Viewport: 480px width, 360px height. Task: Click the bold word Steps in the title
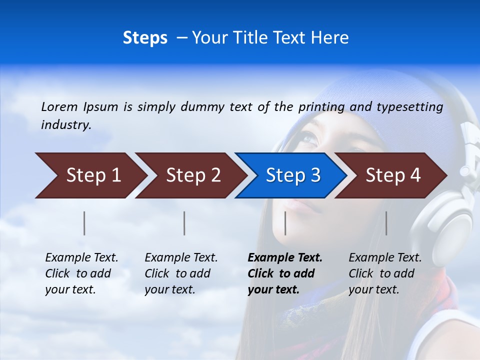[145, 38]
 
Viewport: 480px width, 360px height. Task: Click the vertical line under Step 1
[84, 223]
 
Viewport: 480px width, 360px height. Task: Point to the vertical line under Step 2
[184, 223]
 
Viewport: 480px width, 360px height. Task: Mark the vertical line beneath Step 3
[285, 223]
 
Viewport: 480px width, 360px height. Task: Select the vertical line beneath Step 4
[386, 223]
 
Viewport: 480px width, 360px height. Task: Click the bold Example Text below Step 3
[285, 273]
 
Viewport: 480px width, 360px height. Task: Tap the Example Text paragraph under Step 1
[81, 273]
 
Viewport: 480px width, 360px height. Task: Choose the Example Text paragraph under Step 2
[181, 273]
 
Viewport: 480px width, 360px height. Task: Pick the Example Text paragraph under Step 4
[385, 273]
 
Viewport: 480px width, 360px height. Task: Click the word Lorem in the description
[59, 107]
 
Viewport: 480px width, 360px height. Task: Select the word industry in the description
[65, 125]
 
